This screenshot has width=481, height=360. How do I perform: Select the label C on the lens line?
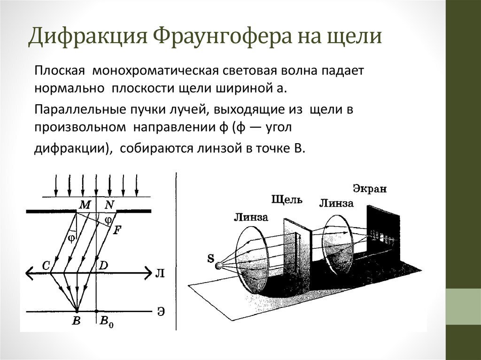pyautogui.click(x=46, y=266)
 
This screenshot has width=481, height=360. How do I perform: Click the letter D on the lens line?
pyautogui.click(x=103, y=266)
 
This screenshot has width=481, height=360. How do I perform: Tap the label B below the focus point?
pyautogui.click(x=77, y=321)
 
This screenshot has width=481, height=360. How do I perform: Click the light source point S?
pyautogui.click(x=218, y=266)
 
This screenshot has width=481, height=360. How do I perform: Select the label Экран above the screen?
pyautogui.click(x=370, y=189)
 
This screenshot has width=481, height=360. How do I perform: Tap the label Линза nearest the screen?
pyautogui.click(x=336, y=203)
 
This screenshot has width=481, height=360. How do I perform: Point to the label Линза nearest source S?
pyautogui.click(x=250, y=217)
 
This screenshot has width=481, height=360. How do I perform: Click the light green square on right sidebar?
pyautogui.click(x=463, y=306)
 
